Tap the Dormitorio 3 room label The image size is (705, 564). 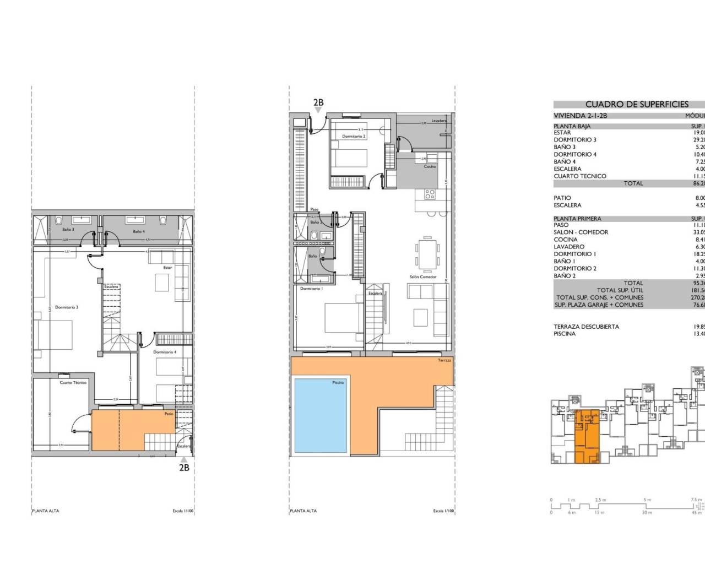[x=67, y=307]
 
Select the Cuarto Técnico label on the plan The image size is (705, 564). [x=73, y=382]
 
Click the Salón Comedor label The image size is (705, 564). [x=423, y=277]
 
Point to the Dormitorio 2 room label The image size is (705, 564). [x=354, y=136]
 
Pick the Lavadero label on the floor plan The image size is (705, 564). [x=439, y=121]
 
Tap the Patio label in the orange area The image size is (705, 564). [x=169, y=414]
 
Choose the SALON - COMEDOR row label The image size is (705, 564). [x=581, y=232]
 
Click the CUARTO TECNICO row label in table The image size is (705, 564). [x=580, y=176]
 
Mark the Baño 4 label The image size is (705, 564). [x=138, y=232]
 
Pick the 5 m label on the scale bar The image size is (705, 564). [x=647, y=500]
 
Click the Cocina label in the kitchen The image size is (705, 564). [x=430, y=166]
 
